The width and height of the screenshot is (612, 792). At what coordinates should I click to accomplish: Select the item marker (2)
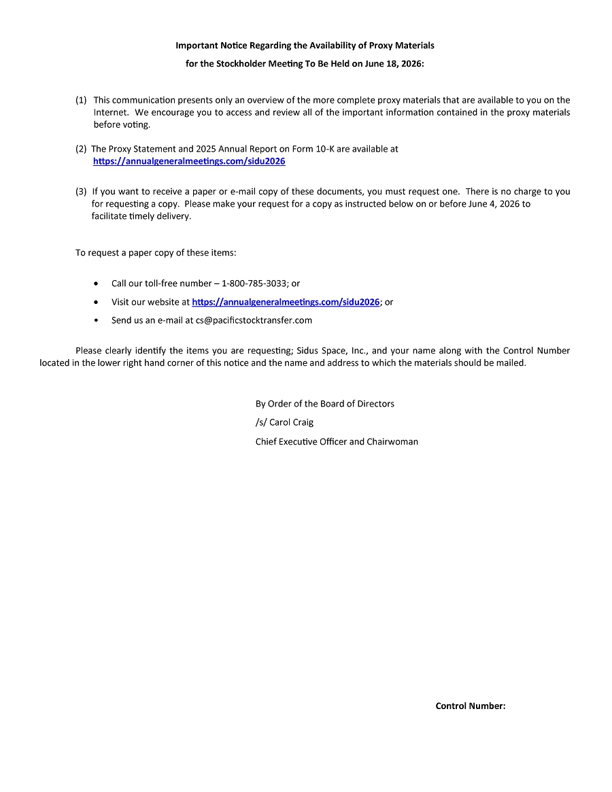pos(81,149)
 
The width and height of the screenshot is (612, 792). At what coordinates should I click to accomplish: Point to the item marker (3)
pos(81,192)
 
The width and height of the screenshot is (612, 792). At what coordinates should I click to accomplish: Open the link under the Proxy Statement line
pos(189,162)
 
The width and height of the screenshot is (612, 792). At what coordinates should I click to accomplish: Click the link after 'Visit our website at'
pos(286,302)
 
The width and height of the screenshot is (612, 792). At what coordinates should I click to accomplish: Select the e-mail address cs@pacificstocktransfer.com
pos(254,320)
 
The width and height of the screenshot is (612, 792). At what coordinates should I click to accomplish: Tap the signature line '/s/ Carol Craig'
pos(284,422)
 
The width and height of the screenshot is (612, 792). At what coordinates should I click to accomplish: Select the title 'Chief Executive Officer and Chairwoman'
pos(337,441)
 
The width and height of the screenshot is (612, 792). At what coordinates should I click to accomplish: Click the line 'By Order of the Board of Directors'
pos(324,404)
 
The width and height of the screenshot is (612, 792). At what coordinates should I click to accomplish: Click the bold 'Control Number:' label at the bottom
pos(470,706)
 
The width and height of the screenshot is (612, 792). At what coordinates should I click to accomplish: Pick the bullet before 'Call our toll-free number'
pos(96,283)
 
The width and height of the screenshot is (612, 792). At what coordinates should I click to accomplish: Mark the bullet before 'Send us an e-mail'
pos(96,320)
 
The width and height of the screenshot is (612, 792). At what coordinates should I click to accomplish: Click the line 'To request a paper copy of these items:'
pos(156,253)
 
